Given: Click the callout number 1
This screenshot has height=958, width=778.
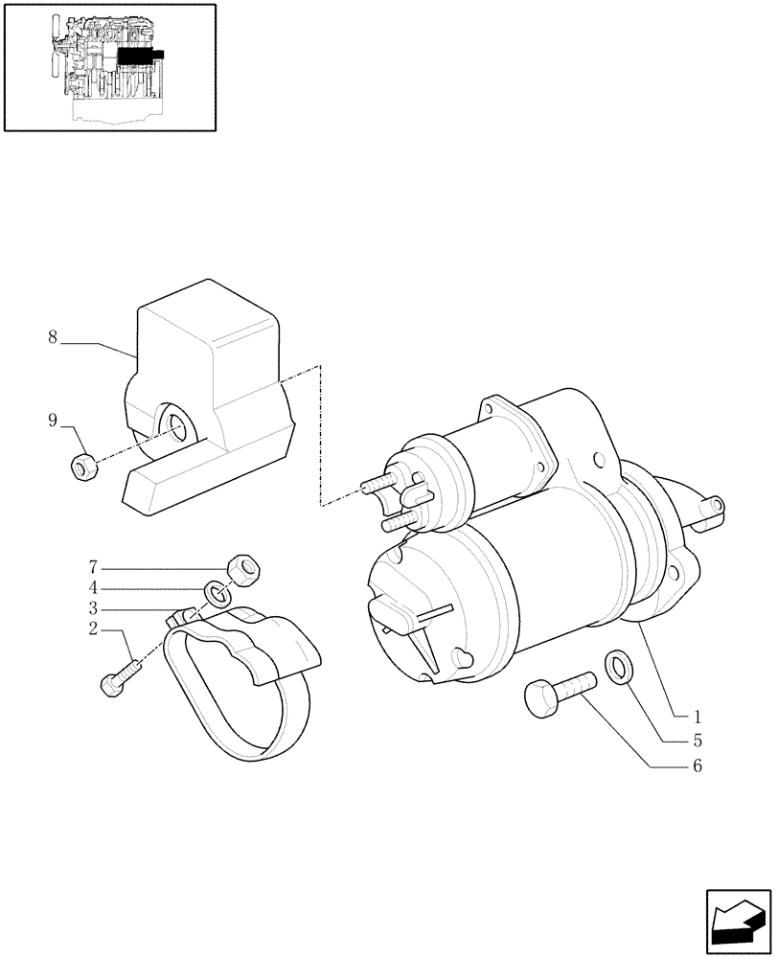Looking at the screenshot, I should pyautogui.click(x=698, y=716).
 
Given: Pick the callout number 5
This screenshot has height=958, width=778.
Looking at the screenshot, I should pyautogui.click(x=698, y=740).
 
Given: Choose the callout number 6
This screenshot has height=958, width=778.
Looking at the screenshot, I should pyautogui.click(x=698, y=765).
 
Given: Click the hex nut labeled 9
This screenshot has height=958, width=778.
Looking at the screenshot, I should pyautogui.click(x=83, y=467).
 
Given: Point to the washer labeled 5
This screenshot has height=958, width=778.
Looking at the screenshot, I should pyautogui.click(x=617, y=666).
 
